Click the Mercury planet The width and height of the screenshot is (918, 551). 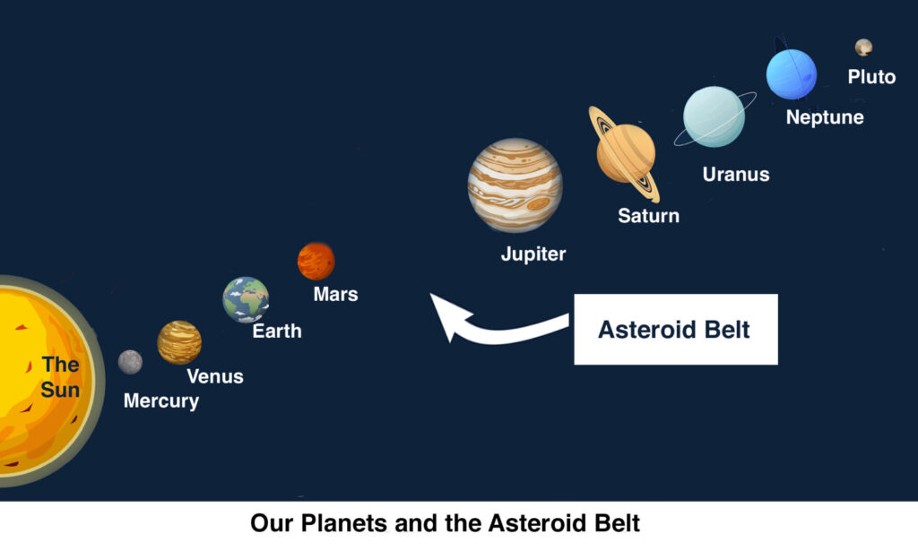click(130, 362)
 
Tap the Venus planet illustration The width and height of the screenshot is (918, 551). click(179, 342)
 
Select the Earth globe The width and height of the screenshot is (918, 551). click(246, 299)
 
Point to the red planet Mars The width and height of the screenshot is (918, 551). click(316, 261)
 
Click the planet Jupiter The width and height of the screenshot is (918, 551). click(515, 185)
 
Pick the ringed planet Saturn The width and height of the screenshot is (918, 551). click(625, 153)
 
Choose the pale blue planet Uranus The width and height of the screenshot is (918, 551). click(714, 116)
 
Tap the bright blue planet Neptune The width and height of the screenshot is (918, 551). click(792, 74)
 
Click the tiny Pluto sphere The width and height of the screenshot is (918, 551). click(863, 47)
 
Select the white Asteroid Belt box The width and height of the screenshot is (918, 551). click(676, 330)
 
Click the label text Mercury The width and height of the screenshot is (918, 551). click(161, 401)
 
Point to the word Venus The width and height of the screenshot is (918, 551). click(215, 376)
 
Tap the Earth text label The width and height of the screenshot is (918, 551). click(277, 331)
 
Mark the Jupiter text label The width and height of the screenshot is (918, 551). click(533, 254)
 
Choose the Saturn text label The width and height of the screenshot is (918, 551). click(649, 216)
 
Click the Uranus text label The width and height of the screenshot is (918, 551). click(736, 175)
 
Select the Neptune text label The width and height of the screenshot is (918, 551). click(825, 117)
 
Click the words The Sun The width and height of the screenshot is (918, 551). click(60, 377)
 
